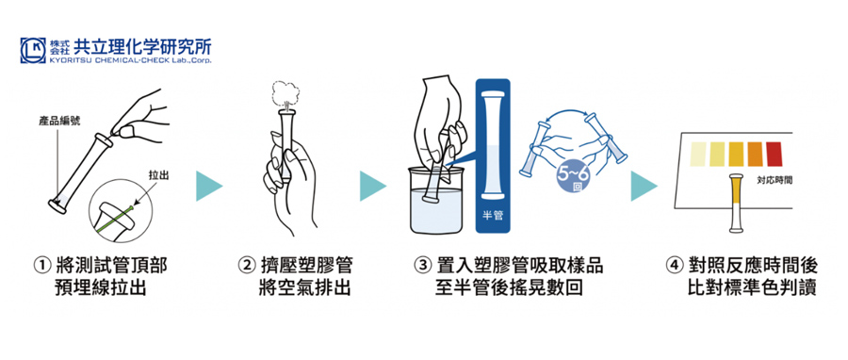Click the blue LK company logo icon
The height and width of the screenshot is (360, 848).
[x=33, y=51]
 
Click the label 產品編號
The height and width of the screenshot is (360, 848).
[x=59, y=121]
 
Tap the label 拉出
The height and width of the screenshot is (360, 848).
[x=157, y=175]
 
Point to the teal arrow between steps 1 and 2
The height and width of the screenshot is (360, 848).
[x=209, y=186]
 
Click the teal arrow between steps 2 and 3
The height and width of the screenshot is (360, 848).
[x=372, y=186]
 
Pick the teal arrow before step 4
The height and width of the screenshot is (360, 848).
[x=644, y=186]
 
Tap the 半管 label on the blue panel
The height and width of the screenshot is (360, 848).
[x=492, y=216]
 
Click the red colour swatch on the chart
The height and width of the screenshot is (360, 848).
[x=774, y=154]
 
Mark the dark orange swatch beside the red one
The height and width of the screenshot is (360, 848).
[x=755, y=154]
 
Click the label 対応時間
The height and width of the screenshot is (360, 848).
[x=775, y=181]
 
